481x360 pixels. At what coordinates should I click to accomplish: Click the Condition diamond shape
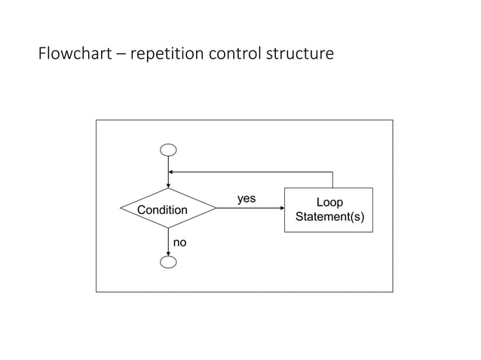168,209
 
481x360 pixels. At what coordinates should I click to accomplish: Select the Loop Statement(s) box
328,210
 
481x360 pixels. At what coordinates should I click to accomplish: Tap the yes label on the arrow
247,199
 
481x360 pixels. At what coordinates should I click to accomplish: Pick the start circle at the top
168,150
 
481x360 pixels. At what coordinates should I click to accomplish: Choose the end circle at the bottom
168,261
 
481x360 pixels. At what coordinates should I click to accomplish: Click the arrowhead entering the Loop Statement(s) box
281,209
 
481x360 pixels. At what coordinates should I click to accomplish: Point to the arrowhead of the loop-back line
172,172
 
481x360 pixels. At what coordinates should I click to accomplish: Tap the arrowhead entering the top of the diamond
168,185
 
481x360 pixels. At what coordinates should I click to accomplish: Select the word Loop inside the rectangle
329,203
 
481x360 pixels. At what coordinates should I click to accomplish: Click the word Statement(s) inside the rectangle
329,218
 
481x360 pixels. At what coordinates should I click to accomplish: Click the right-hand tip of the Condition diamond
216,209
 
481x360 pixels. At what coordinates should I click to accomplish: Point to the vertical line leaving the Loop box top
332,180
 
